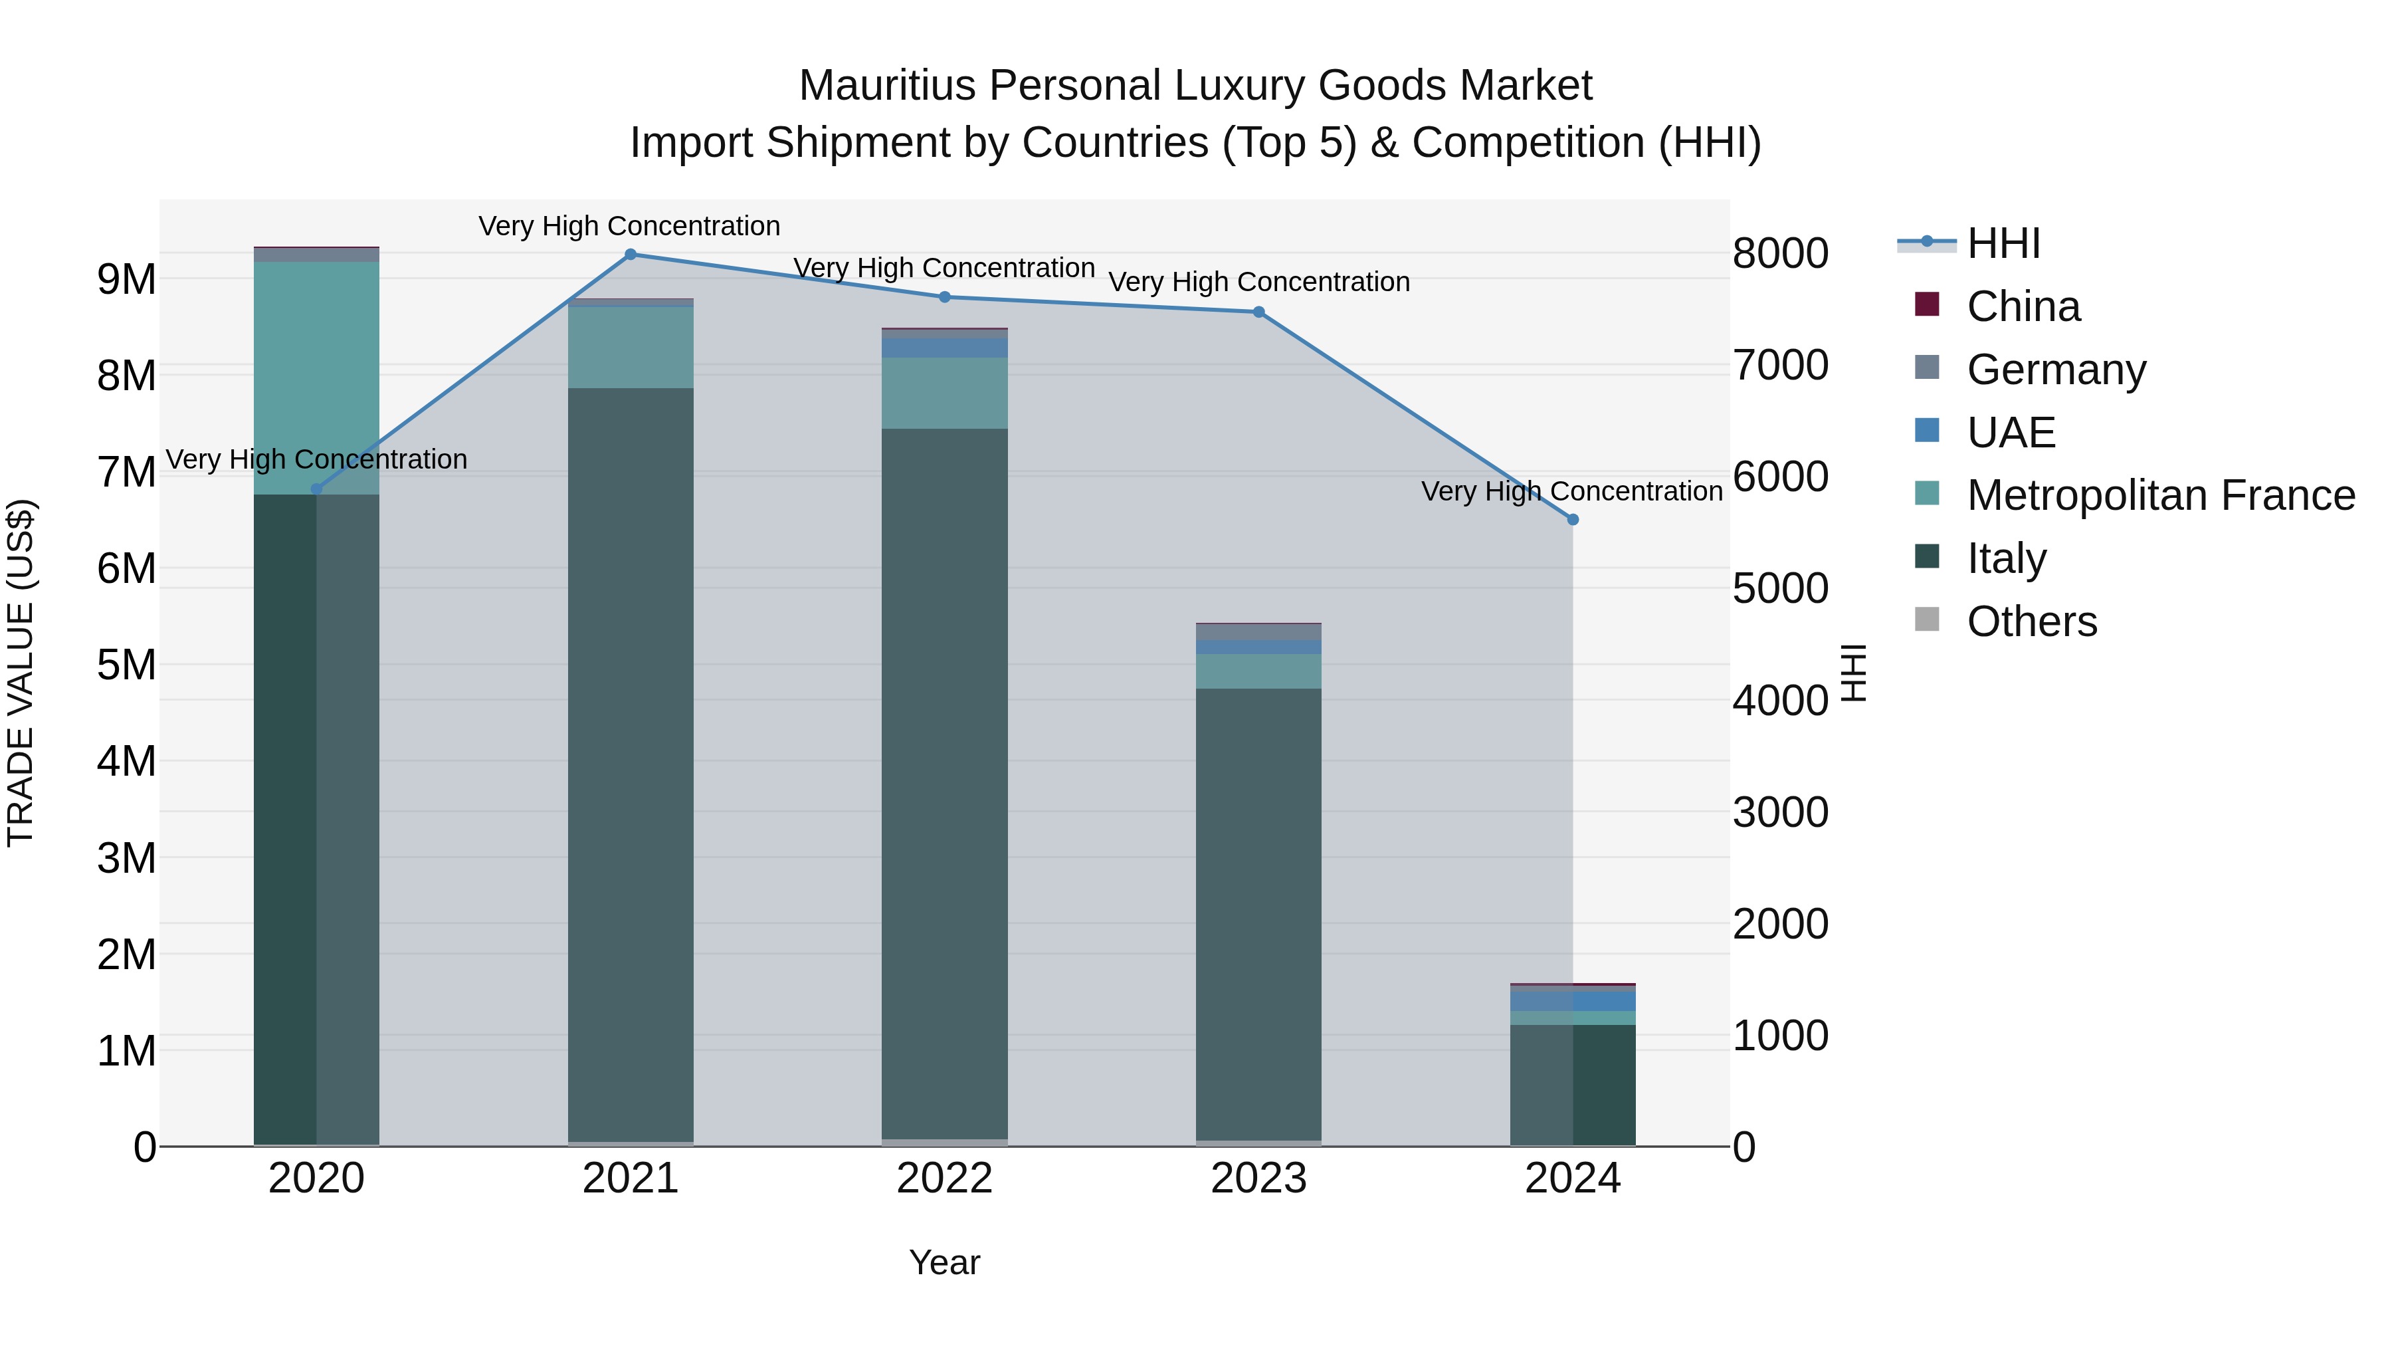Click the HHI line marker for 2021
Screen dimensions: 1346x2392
[631, 255]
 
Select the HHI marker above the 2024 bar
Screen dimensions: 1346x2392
[1573, 520]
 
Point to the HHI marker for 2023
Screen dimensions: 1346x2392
[1259, 312]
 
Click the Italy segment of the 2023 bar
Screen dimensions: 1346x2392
[1258, 915]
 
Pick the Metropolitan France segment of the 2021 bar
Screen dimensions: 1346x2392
[631, 346]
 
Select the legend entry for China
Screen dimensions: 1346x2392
[2023, 306]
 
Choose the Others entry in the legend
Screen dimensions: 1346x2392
[2032, 621]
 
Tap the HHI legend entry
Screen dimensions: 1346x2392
[2003, 243]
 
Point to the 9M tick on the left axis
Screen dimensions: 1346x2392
[126, 279]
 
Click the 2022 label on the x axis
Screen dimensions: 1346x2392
[944, 1178]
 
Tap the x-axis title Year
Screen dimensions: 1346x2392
[944, 1262]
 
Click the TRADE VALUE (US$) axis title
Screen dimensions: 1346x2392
[21, 673]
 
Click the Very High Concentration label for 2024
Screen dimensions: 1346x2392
[1571, 491]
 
